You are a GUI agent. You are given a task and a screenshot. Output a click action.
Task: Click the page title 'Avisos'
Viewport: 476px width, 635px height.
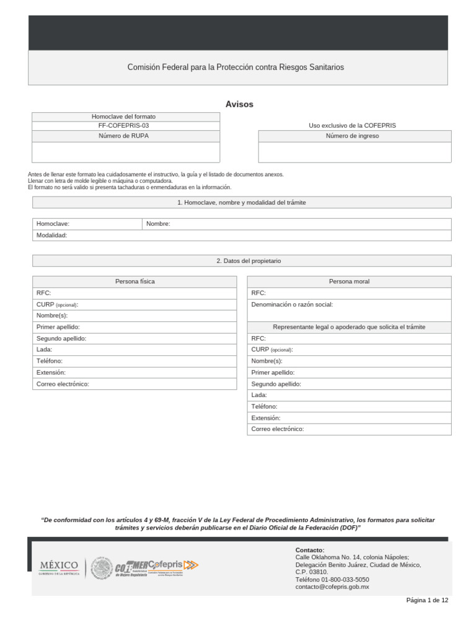tap(239, 104)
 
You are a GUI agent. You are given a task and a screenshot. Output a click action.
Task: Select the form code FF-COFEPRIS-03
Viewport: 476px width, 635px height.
tap(125, 125)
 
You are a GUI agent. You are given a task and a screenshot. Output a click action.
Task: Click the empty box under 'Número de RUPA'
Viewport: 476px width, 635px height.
tap(125, 152)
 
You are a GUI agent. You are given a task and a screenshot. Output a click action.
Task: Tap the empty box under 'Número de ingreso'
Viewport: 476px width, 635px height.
tap(355, 152)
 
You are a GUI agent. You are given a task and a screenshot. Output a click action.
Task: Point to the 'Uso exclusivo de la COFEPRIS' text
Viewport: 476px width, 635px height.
tap(352, 125)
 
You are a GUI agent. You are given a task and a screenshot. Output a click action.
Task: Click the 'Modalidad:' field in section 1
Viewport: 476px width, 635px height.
tap(242, 235)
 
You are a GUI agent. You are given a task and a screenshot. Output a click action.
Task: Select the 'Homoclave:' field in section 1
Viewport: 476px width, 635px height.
tap(87, 224)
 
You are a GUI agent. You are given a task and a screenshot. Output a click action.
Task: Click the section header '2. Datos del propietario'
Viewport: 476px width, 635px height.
tap(242, 261)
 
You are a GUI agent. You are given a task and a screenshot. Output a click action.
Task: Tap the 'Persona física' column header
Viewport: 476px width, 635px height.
tap(134, 282)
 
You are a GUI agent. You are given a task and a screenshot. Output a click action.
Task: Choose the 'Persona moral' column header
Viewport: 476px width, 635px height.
tap(349, 282)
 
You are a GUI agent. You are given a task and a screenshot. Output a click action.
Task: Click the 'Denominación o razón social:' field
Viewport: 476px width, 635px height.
tap(349, 309)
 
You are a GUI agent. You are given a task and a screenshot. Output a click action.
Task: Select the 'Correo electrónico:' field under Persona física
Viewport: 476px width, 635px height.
tap(134, 384)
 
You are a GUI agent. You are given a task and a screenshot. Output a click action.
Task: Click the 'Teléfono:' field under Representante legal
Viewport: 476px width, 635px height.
tap(349, 406)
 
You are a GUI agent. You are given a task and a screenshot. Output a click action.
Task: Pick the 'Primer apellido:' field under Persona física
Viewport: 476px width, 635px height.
tap(134, 327)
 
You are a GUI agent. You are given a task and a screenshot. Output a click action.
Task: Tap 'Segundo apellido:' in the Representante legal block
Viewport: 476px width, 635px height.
tap(349, 384)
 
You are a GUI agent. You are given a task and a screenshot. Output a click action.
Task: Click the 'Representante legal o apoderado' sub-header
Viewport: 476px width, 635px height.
tap(349, 327)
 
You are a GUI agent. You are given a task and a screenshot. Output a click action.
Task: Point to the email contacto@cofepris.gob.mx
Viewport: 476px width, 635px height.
tap(332, 587)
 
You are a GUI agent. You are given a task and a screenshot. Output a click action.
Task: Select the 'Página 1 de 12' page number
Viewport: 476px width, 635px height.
tap(427, 600)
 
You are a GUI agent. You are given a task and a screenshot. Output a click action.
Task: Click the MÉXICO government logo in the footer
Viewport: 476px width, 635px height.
tap(59, 567)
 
